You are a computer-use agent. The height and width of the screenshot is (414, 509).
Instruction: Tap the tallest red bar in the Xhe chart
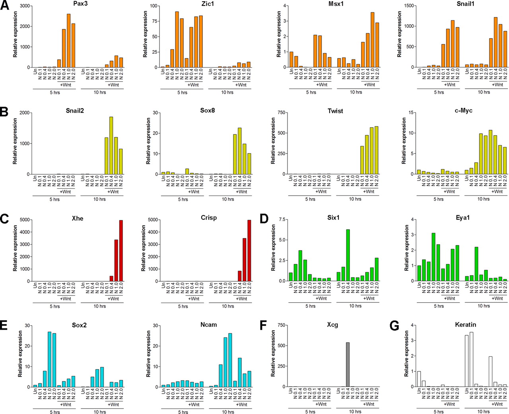pos(121,251)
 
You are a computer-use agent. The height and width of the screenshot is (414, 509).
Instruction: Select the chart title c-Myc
pos(464,110)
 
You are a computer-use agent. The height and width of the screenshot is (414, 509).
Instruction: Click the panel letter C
pos(4,220)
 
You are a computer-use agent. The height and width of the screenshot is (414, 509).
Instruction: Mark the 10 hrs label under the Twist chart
pos(355,199)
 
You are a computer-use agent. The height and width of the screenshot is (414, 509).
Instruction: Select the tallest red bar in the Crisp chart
pos(249,251)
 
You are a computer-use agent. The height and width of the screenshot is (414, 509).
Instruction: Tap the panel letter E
pos(4,326)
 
